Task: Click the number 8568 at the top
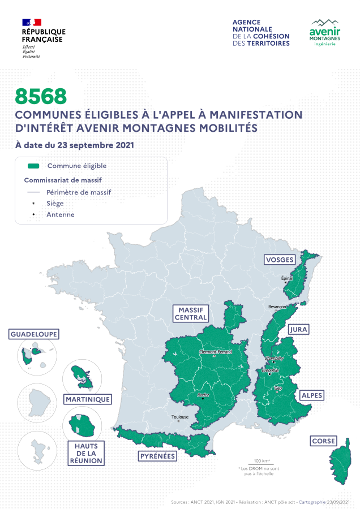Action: [41, 96]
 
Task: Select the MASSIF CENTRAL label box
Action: [191, 314]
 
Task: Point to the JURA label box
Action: [298, 329]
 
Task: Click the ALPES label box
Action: [312, 395]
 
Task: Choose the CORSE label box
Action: [323, 441]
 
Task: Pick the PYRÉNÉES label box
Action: [157, 456]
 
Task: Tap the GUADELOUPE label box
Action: [34, 334]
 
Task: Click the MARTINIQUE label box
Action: [87, 399]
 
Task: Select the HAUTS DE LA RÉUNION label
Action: [86, 453]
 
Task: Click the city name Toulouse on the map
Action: [179, 417]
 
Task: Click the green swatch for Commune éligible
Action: [33, 166]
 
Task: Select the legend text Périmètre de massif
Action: [79, 192]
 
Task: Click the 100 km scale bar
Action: [262, 463]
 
